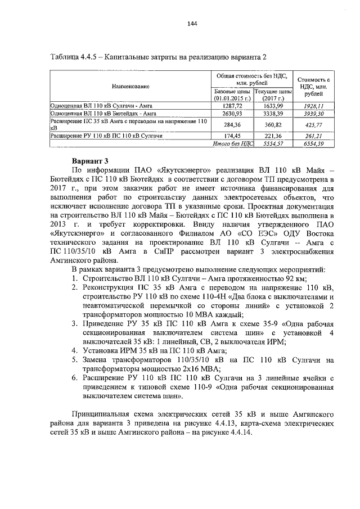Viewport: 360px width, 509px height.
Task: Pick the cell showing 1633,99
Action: [272, 105]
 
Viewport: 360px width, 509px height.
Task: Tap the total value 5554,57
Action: [272, 144]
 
